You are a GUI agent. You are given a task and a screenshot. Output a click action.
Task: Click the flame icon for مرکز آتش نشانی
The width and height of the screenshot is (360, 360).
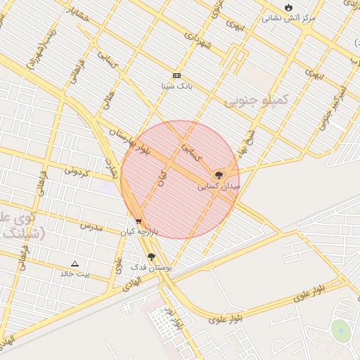(x=288, y=7)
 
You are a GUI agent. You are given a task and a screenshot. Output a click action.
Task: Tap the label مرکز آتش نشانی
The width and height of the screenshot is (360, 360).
(x=289, y=18)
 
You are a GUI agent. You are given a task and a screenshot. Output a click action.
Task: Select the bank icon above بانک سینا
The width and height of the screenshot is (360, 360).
(x=176, y=75)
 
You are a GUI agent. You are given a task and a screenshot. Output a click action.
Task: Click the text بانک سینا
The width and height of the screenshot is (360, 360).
(x=176, y=86)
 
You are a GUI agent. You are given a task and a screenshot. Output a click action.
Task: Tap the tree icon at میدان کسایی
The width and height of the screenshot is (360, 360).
(x=219, y=174)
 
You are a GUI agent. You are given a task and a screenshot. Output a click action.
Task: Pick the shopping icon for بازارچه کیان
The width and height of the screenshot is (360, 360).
(x=139, y=221)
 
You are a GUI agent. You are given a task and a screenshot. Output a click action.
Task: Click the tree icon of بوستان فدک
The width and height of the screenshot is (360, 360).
(x=151, y=257)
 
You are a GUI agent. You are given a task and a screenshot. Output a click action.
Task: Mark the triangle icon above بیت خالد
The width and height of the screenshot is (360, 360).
(x=75, y=263)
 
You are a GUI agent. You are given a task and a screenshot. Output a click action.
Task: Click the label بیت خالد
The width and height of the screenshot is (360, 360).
(x=75, y=274)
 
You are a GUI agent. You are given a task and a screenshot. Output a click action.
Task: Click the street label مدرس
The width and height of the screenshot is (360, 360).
(x=91, y=226)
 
